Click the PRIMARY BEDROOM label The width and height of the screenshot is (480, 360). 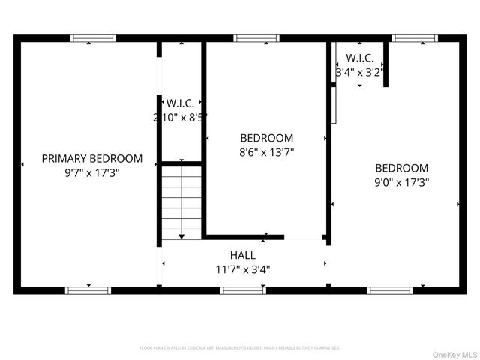point(91,158)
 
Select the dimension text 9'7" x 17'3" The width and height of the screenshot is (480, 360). point(91,172)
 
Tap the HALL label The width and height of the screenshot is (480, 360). point(243,255)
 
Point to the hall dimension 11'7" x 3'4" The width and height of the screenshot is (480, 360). point(243,268)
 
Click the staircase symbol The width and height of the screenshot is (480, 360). point(182,202)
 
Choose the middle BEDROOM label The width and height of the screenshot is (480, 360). point(266,138)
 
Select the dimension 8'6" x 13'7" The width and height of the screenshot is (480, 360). point(266,151)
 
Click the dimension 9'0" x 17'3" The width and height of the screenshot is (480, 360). point(402,181)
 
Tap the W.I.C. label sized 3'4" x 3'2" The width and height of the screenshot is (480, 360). point(360,58)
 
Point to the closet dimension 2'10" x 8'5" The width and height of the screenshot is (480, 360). point(180,117)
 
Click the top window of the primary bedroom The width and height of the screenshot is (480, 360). point(94,37)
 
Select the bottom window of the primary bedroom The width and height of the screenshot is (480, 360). point(88,289)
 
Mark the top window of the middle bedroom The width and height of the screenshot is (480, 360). point(256,37)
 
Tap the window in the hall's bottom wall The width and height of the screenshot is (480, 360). point(243,289)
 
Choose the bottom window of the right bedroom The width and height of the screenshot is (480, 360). point(390,289)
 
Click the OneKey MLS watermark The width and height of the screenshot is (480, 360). point(454,353)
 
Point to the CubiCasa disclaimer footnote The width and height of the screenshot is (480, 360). point(240,348)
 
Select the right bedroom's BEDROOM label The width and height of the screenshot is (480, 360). point(402,169)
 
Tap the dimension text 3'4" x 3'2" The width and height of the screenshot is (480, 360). point(360,73)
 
